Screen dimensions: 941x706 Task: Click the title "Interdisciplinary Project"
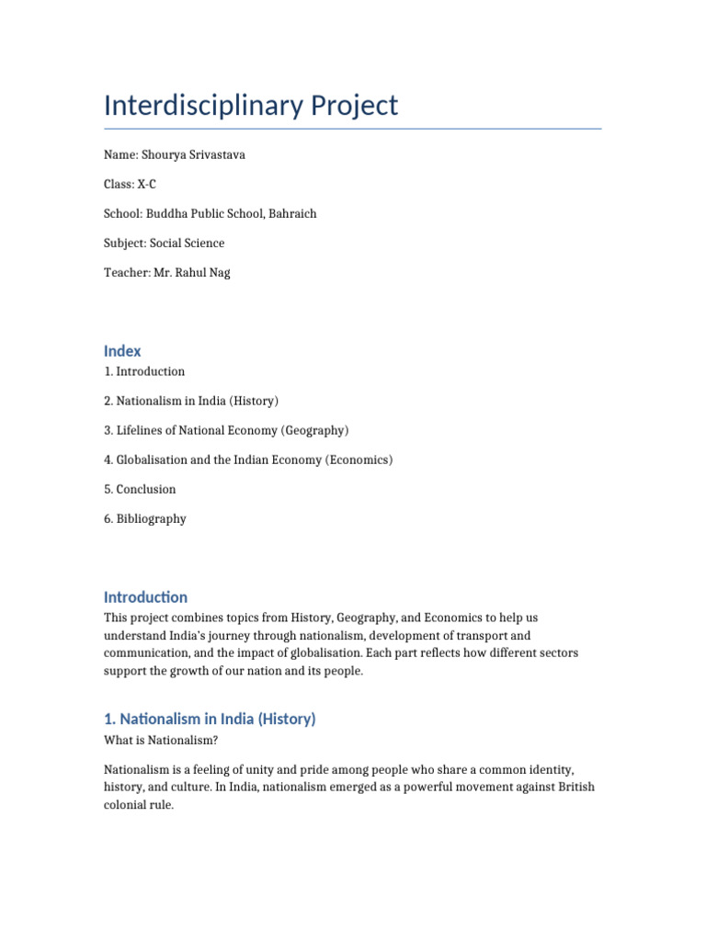point(251,105)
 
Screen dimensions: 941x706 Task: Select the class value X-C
point(147,184)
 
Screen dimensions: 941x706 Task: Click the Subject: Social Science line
point(164,243)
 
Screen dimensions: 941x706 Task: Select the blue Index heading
point(122,350)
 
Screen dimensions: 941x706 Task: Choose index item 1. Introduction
point(144,371)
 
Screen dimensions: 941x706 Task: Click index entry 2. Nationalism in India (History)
point(191,401)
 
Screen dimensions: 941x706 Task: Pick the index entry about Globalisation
point(248,459)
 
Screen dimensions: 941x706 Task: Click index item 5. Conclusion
point(140,489)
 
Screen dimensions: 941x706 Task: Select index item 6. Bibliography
point(144,518)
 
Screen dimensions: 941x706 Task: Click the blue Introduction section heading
point(145,596)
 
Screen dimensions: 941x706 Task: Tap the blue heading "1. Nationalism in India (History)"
point(210,719)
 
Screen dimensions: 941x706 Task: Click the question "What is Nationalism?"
point(161,740)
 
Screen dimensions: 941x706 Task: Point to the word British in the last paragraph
point(574,787)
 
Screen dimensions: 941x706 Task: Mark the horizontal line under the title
point(353,129)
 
